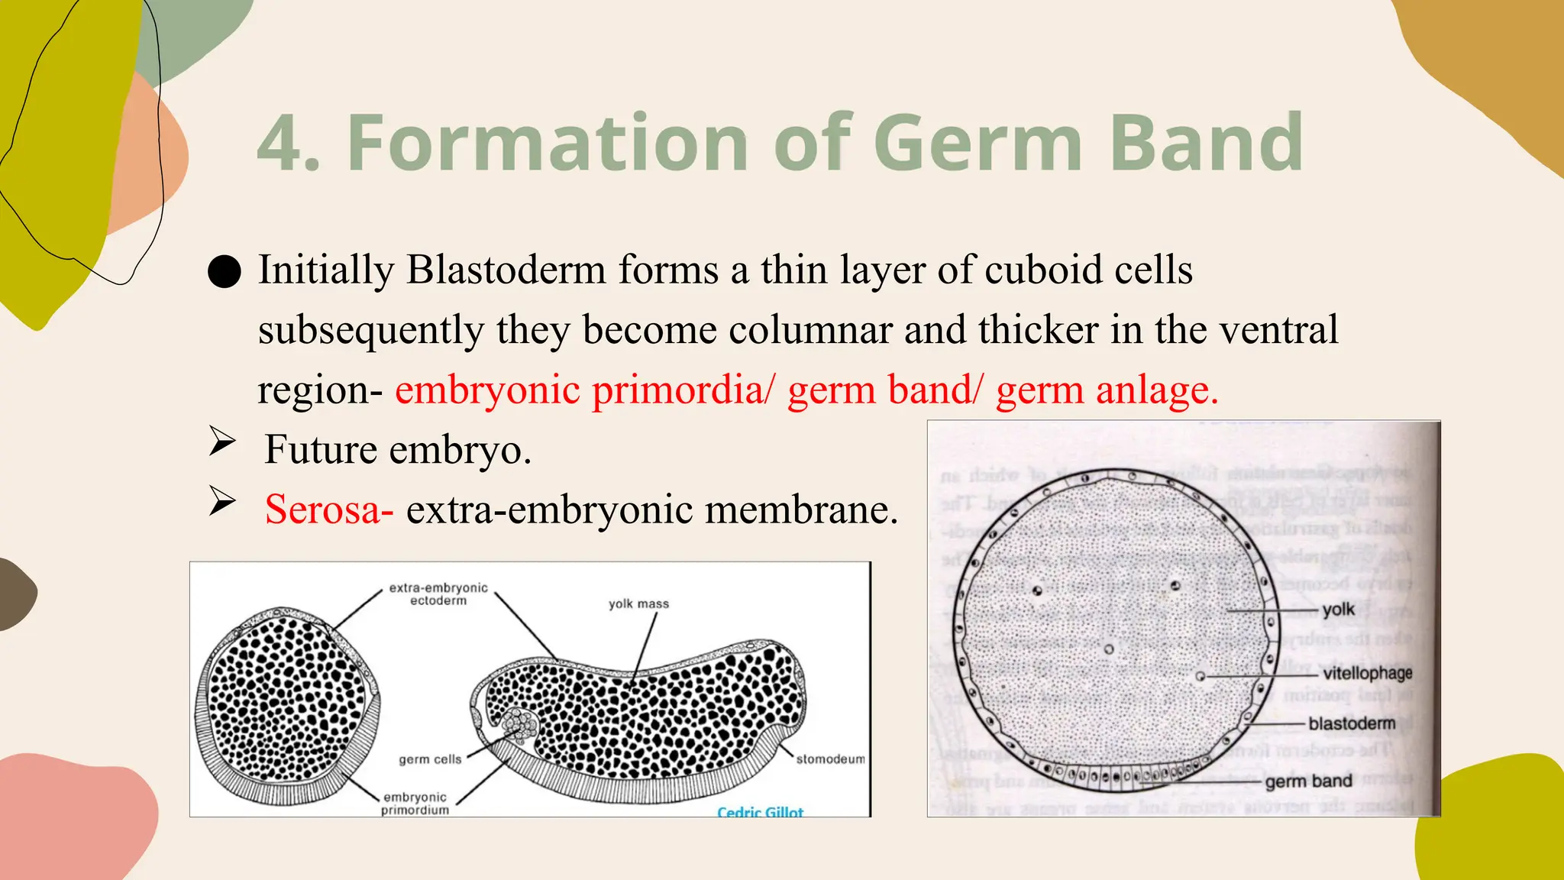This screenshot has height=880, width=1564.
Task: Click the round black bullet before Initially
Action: (x=225, y=272)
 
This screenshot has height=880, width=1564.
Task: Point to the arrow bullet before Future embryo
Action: (x=222, y=442)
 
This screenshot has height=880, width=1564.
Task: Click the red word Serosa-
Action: (x=329, y=510)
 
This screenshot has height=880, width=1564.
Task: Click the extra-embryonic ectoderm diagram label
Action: (x=438, y=594)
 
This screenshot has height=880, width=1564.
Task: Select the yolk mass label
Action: (x=638, y=603)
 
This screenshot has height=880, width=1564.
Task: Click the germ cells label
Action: (x=430, y=759)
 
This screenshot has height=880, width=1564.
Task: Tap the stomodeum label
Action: (x=830, y=759)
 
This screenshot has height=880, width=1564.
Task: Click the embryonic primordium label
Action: (x=415, y=804)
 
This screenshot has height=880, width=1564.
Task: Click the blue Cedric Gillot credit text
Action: (x=760, y=812)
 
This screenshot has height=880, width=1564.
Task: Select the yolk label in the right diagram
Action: (x=1338, y=610)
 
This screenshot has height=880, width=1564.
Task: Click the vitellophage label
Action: (x=1367, y=673)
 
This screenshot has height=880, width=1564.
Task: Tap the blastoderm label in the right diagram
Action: (x=1352, y=723)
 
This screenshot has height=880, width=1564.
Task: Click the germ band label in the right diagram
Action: (x=1308, y=781)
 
